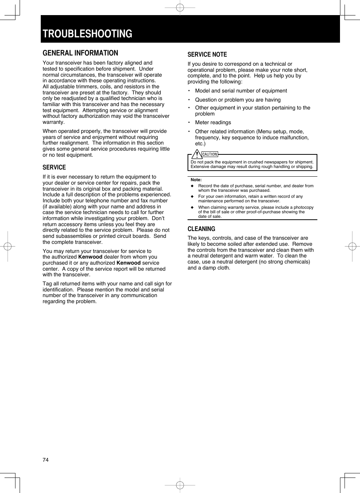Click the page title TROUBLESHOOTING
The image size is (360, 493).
[88, 34]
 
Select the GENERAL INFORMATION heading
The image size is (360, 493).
[80, 53]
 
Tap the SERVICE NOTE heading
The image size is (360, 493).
[207, 55]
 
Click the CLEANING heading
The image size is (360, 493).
[201, 229]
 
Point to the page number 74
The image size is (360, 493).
[46, 460]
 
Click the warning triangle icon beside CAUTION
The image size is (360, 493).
[196, 154]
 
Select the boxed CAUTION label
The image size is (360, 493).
[210, 154]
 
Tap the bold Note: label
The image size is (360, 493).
[196, 180]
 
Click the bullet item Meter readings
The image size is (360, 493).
[213, 123]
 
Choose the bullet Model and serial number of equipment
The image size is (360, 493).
[241, 91]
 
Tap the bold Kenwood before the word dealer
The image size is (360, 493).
[90, 257]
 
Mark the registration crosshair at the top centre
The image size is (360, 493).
[180, 7]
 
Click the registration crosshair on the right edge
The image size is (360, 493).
[352, 246]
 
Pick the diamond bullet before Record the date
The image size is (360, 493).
[192, 186]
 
